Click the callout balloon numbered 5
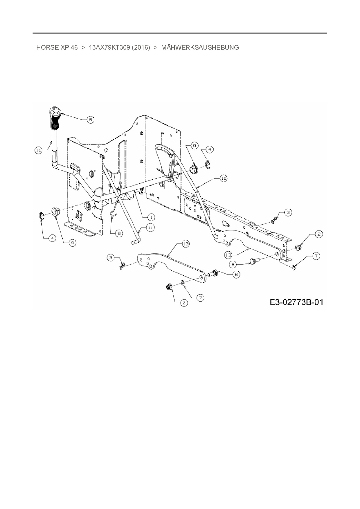coord(90,119)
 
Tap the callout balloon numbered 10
coord(39,150)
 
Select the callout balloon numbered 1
coord(151,217)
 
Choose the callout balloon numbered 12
coord(223,178)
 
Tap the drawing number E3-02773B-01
coord(296,302)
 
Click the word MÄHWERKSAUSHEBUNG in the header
coord(200,48)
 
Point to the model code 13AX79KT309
coord(109,48)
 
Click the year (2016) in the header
coord(141,48)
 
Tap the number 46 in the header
coord(74,48)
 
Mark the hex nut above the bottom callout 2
coord(168,287)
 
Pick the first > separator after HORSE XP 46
coord(83,48)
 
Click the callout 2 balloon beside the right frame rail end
coord(318,234)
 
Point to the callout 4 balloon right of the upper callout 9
coord(210,149)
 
